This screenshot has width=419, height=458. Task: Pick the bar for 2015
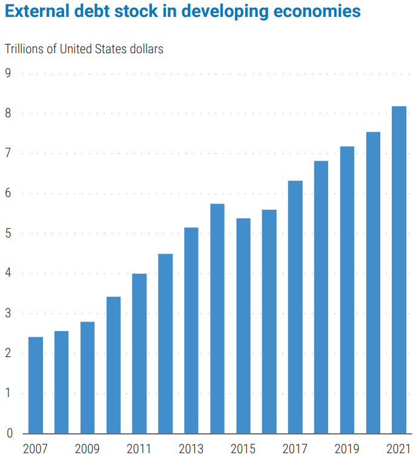pos(243,326)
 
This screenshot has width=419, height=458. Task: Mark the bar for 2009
pos(88,378)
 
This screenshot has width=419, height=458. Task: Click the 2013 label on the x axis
pos(191,448)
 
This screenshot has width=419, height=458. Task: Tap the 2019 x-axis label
pos(347,448)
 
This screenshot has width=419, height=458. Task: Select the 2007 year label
pos(36,448)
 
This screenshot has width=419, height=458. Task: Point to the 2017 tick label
pos(295,448)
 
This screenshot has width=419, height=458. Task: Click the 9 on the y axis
pos(9,74)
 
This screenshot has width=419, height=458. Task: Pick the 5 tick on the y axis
pos(9,234)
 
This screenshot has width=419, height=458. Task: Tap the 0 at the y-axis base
pos(9,433)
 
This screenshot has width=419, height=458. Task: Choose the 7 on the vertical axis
pos(9,153)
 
